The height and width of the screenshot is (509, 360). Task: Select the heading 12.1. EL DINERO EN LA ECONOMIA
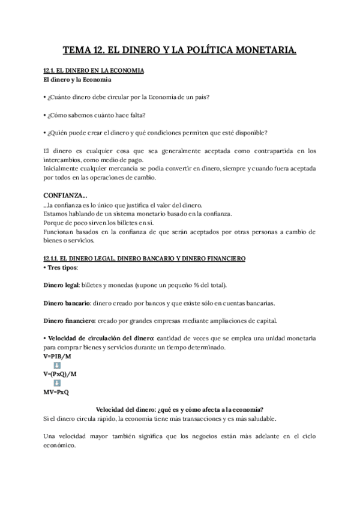click(94, 71)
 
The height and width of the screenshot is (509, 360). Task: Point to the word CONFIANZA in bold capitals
click(65, 195)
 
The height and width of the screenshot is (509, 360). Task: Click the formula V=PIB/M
click(58, 356)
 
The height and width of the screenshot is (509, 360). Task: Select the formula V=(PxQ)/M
click(60, 373)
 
